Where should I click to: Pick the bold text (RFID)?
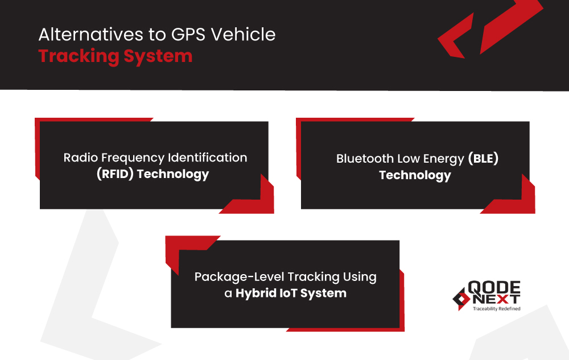click(115, 174)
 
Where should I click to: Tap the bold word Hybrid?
click(259, 293)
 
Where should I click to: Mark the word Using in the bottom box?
click(359, 277)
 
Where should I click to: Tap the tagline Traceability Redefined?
click(496, 309)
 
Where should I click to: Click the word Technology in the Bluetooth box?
click(415, 175)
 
